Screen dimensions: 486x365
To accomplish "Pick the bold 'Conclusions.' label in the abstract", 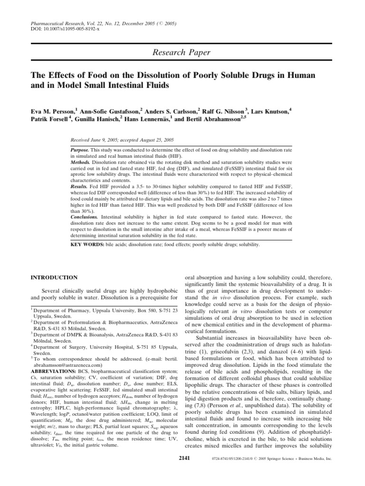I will point(83,216).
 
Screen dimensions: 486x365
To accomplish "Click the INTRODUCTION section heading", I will point(54,277).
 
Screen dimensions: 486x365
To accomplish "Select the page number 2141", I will point(183,458).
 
